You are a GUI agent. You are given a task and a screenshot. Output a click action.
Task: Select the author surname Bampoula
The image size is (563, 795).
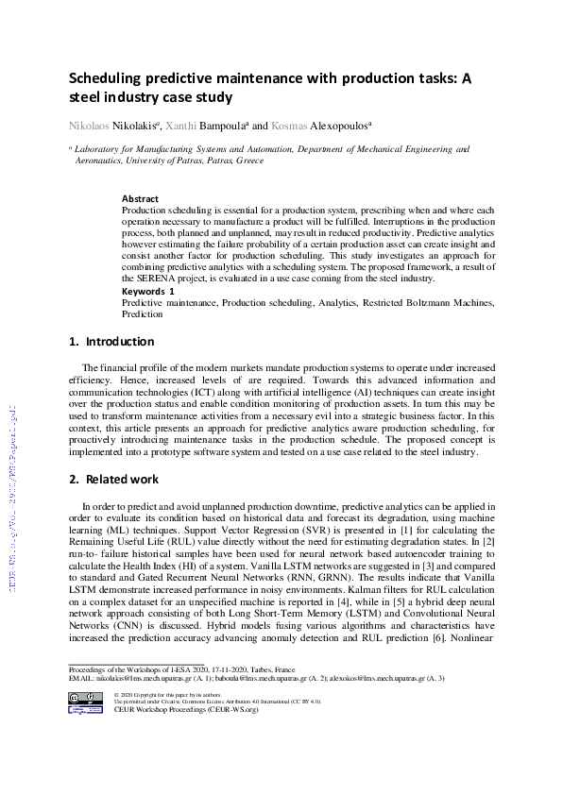248,125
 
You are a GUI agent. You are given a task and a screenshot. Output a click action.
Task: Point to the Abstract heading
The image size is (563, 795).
140,199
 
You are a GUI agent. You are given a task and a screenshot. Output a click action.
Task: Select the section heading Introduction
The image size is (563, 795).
119,342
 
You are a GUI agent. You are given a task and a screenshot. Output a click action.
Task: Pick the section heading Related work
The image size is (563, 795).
121,480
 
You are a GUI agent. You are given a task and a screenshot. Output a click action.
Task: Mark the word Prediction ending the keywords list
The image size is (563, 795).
142,314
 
